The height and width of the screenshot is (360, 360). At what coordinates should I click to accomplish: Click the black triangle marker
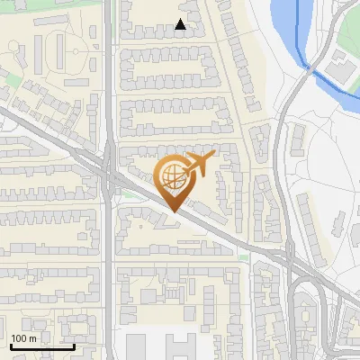click(181, 25)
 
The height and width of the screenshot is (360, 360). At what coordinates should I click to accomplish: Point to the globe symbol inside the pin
click(171, 176)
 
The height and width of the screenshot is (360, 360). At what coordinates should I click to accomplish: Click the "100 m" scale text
click(23, 338)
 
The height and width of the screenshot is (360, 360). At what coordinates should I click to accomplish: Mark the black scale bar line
click(42, 346)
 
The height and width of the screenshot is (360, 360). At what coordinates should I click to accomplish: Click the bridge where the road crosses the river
click(307, 68)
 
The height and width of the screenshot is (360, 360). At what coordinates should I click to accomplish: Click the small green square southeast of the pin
click(243, 257)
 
